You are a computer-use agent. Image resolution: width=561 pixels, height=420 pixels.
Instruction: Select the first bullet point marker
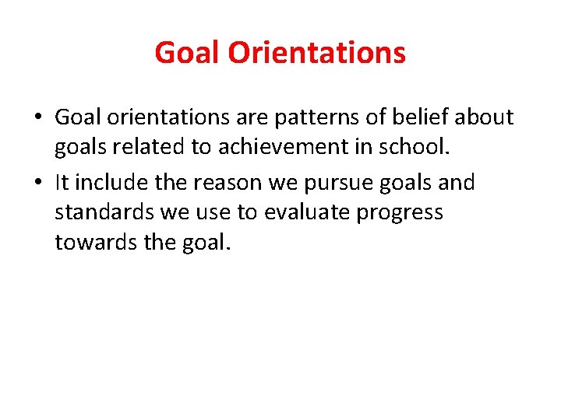click(x=37, y=118)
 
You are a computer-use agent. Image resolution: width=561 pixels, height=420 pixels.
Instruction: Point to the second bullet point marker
click(x=37, y=184)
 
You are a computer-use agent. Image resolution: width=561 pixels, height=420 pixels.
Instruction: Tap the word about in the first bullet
click(x=485, y=117)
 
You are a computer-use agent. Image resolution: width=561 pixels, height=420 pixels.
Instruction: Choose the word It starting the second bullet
click(x=62, y=183)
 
